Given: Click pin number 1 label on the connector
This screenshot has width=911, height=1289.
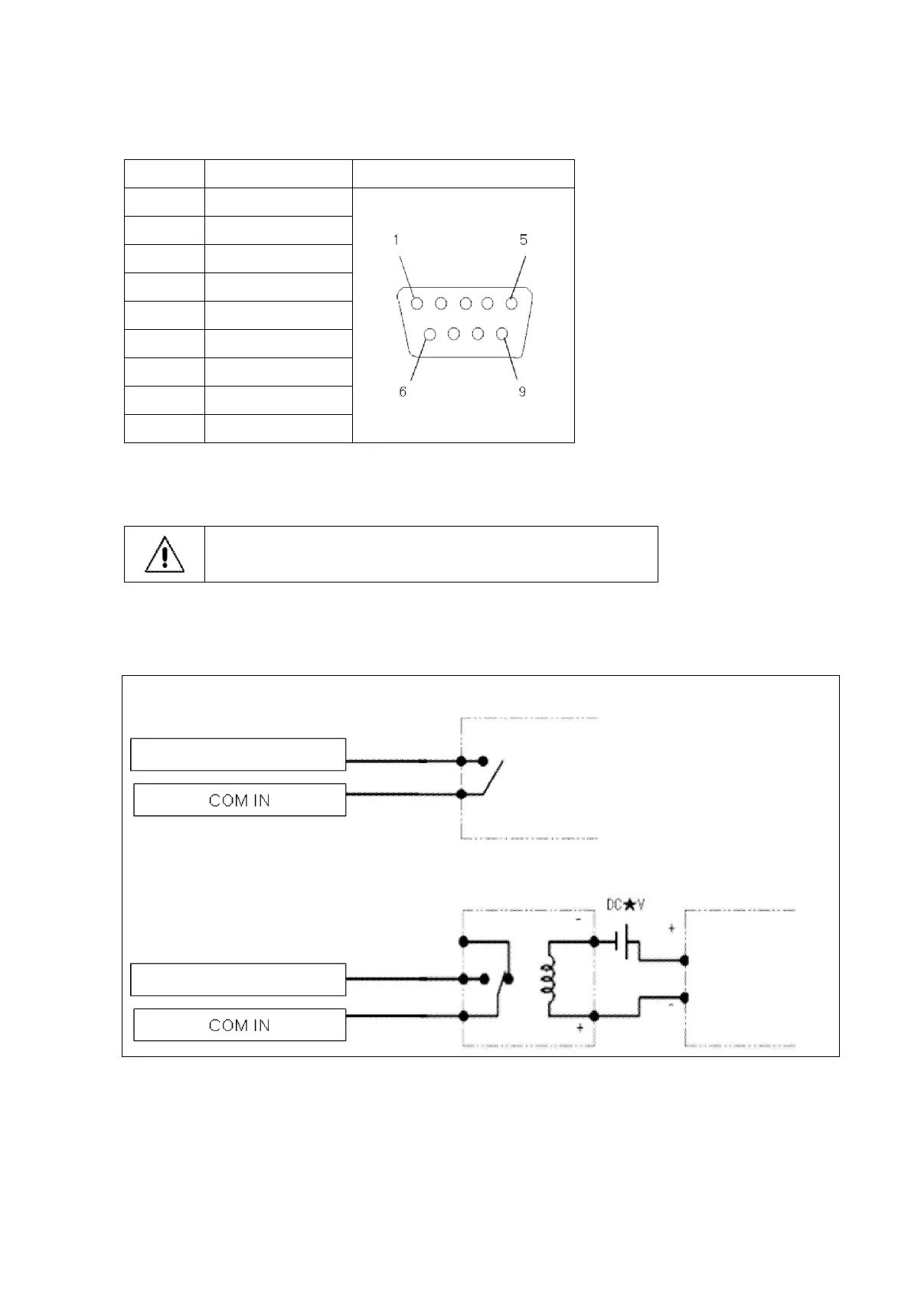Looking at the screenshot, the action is (x=396, y=240).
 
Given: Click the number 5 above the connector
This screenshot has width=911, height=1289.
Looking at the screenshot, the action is (x=524, y=240).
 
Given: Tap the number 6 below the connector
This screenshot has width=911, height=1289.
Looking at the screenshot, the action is (x=403, y=392).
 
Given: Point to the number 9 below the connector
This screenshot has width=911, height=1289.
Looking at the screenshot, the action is (x=522, y=392).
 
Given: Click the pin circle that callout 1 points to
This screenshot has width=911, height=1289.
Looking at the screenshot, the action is (x=416, y=303).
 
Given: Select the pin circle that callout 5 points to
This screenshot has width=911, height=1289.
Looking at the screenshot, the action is (x=511, y=303).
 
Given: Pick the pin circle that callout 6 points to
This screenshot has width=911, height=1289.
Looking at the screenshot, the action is (x=429, y=334).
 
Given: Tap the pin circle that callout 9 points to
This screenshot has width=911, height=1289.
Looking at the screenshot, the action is (x=502, y=334).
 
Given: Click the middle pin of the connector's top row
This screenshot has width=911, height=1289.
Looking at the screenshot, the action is (x=465, y=303).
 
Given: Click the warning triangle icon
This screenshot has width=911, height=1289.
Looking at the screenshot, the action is (x=165, y=554).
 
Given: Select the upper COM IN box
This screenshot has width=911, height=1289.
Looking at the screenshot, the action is (x=240, y=800).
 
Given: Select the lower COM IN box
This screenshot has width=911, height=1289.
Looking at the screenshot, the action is (x=240, y=1025).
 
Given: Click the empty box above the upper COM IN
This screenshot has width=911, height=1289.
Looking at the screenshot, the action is (x=238, y=754).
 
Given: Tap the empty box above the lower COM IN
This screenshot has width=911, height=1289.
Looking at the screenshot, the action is (x=238, y=979).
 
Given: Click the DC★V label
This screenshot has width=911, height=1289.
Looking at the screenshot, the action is (x=625, y=906).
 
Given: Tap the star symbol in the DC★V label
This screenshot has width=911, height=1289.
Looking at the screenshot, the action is (x=629, y=906).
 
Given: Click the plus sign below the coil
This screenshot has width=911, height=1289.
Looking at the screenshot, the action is (x=580, y=1028).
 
